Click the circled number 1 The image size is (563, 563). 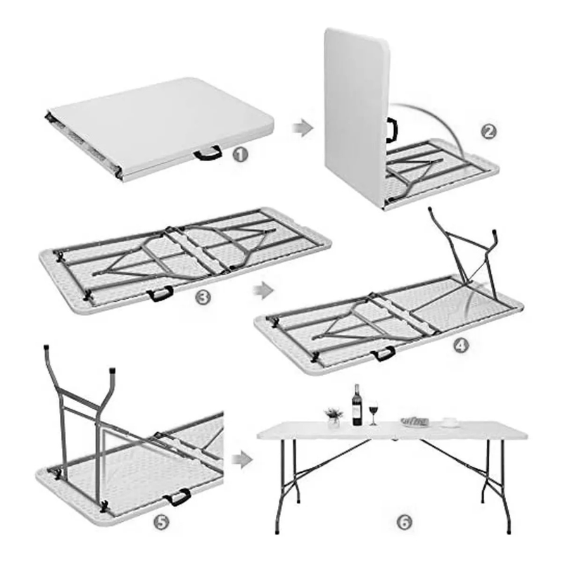coord(240,155)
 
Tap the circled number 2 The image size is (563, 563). coord(488,132)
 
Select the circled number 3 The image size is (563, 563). coord(202,297)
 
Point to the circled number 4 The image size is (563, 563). coord(462,346)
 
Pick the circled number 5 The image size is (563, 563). coord(162,522)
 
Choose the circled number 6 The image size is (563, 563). coord(404,522)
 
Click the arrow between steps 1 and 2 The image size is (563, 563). coord(303,128)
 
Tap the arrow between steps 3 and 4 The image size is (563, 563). coord(262,290)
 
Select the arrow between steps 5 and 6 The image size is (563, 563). coord(241,460)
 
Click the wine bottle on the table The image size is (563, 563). coord(357,405)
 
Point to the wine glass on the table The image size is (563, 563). coord(373,413)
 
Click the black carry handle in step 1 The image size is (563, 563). coord(208,153)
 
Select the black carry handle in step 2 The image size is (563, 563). coord(392,130)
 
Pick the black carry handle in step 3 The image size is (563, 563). coord(160,293)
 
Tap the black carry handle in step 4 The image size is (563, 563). coord(384,354)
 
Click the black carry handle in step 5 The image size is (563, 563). coord(178,497)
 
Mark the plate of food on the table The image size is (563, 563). coord(415,422)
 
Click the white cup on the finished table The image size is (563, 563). coord(450,422)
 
